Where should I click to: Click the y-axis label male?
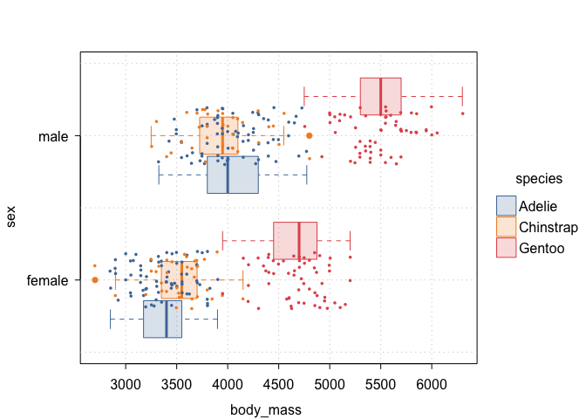tap(54, 136)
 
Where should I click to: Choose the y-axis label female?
tap(49, 280)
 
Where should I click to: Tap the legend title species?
tap(538, 179)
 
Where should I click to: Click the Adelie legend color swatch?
tap(506, 206)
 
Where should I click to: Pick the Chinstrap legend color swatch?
tap(506, 226)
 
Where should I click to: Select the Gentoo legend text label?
tap(540, 246)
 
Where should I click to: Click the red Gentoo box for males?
tap(381, 96)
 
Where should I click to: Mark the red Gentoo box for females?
tap(296, 240)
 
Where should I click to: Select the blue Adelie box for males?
tap(233, 175)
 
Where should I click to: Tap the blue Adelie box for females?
tap(162, 319)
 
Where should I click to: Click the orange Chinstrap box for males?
tap(219, 135)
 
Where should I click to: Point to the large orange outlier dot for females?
tap(94, 279)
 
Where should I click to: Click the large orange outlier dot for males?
tap(309, 135)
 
